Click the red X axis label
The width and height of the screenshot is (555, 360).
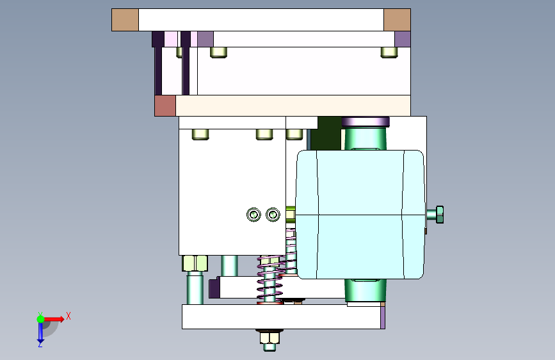68,316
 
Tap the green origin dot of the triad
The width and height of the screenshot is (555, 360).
41,319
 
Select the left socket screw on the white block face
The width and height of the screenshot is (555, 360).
253,215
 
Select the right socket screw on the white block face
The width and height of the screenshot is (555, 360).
273,215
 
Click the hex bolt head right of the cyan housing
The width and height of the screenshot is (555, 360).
440,215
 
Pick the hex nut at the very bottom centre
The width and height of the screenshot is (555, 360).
269,338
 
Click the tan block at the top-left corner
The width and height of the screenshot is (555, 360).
125,20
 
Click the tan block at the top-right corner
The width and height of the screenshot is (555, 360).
397,20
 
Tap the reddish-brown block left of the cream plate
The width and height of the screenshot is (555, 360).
165,106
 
